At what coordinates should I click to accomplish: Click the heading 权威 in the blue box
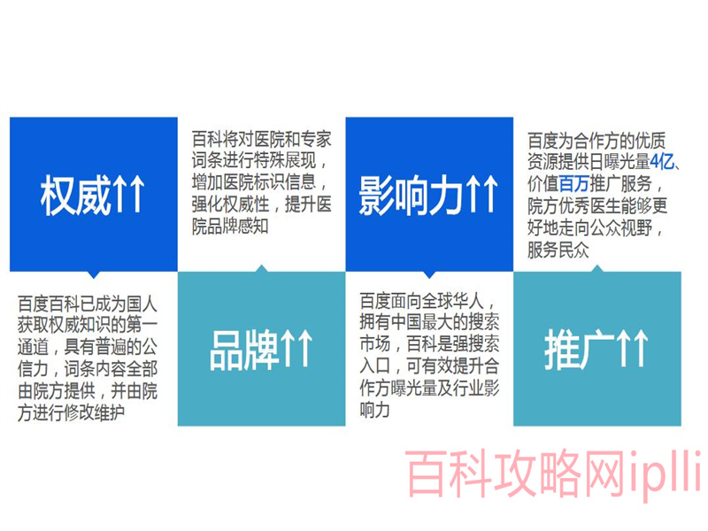click(75, 195)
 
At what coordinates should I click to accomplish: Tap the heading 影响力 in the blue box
click(412, 195)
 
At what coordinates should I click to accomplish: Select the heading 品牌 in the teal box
click(244, 350)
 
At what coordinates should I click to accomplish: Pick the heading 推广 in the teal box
click(580, 350)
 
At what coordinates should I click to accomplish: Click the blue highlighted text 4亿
click(662, 161)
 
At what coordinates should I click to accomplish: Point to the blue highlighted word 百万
click(573, 183)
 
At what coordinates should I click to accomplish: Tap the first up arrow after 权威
click(120, 194)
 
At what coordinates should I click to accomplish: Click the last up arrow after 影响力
click(489, 194)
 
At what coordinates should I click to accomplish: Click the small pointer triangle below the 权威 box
click(94, 274)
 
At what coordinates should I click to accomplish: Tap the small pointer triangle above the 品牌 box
click(261, 269)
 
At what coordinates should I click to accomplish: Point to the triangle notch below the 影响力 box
click(429, 274)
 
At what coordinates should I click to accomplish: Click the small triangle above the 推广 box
click(597, 269)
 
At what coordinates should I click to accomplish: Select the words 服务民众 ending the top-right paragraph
click(558, 250)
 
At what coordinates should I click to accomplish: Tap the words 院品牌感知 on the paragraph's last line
click(230, 227)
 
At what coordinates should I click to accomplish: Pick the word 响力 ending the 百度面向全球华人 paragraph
click(374, 410)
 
